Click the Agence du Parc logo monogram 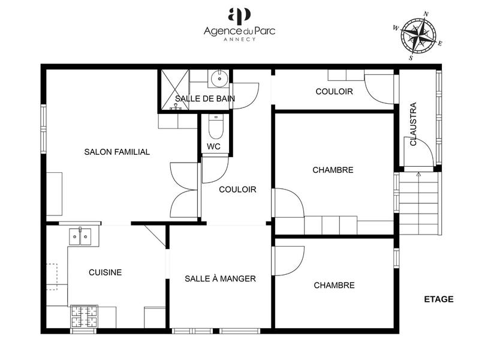pyautogui.click(x=239, y=14)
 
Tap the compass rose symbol pyautogui.click(x=417, y=36)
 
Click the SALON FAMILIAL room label pyautogui.click(x=117, y=152)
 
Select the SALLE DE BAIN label pyautogui.click(x=205, y=98)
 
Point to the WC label pyautogui.click(x=214, y=146)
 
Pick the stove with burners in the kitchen pyautogui.click(x=84, y=316)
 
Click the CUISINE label pyautogui.click(x=106, y=272)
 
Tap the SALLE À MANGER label pyautogui.click(x=220, y=278)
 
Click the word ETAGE pyautogui.click(x=439, y=299)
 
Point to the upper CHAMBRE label pyautogui.click(x=333, y=170)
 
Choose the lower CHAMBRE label pyautogui.click(x=334, y=286)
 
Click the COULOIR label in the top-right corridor pyautogui.click(x=334, y=91)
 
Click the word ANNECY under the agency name pyautogui.click(x=239, y=39)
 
